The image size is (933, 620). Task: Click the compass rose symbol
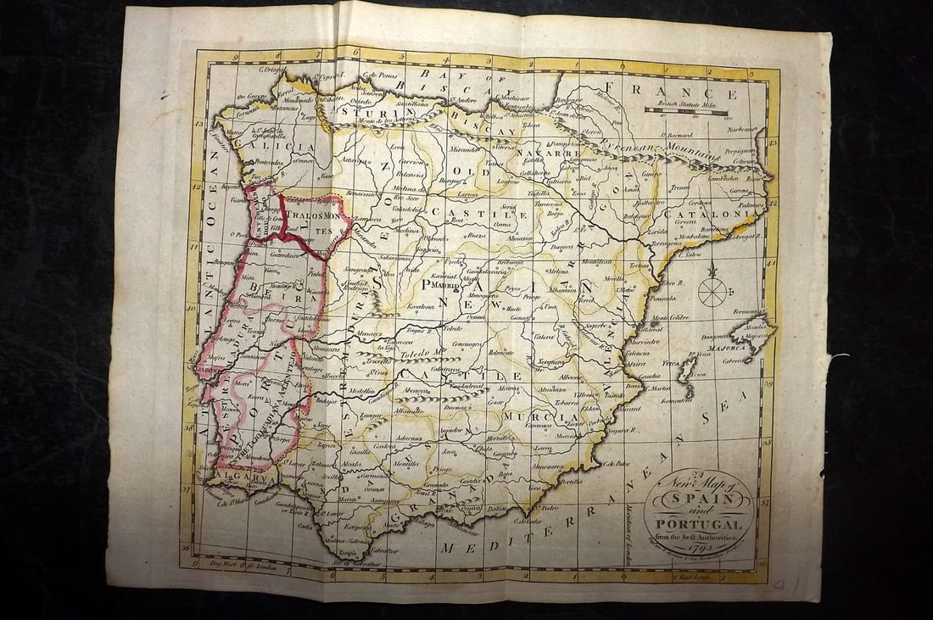(712, 291)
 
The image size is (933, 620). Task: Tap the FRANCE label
(683, 92)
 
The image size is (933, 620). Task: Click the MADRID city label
(447, 288)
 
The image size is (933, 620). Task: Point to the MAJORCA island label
(723, 349)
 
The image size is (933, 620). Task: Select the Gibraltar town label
(384, 550)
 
